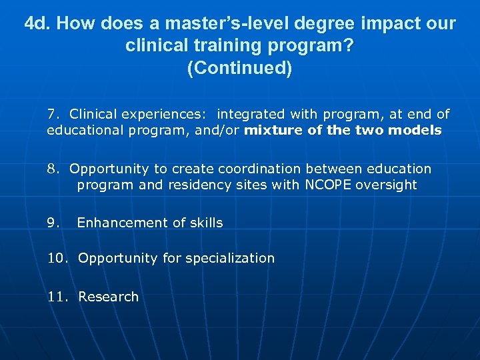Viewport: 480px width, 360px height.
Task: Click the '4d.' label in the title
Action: [x=37, y=25]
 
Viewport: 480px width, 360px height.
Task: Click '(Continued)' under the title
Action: [x=240, y=69]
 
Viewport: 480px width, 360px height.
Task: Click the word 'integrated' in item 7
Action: [x=249, y=114]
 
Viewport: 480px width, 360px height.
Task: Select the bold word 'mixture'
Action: [x=273, y=130]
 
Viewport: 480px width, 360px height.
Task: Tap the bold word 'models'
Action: [x=416, y=130]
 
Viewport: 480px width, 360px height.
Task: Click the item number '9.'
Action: [x=53, y=223]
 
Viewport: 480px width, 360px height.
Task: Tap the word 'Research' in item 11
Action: [x=109, y=297]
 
